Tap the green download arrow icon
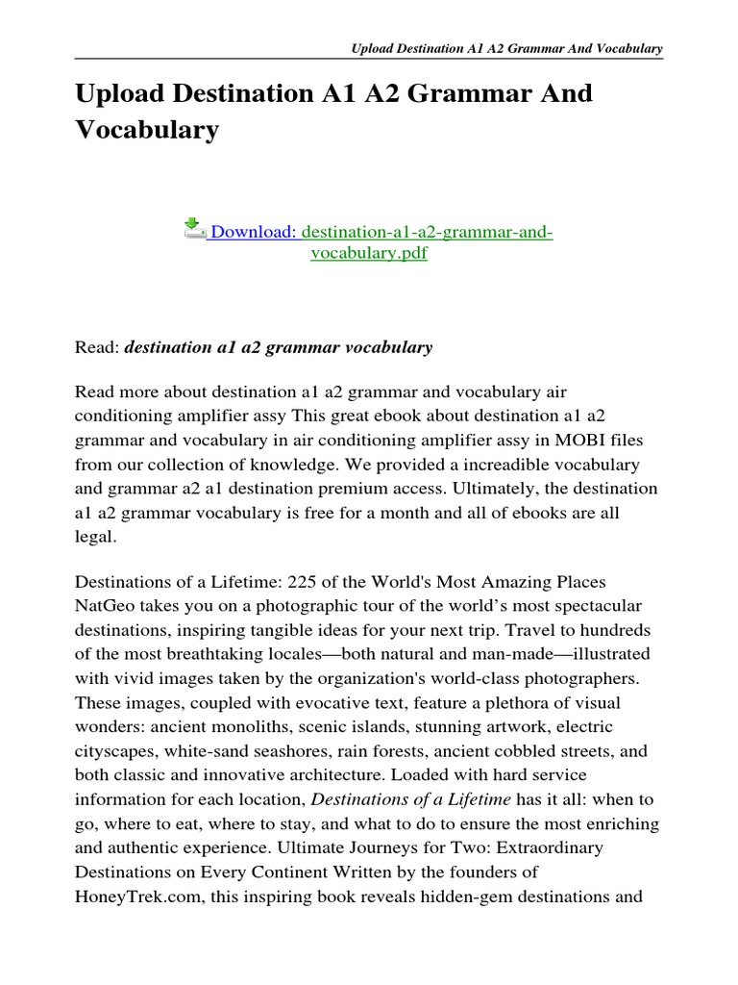coord(194,229)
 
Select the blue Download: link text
coord(254,232)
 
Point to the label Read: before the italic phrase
coord(96,347)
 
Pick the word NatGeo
coord(103,607)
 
